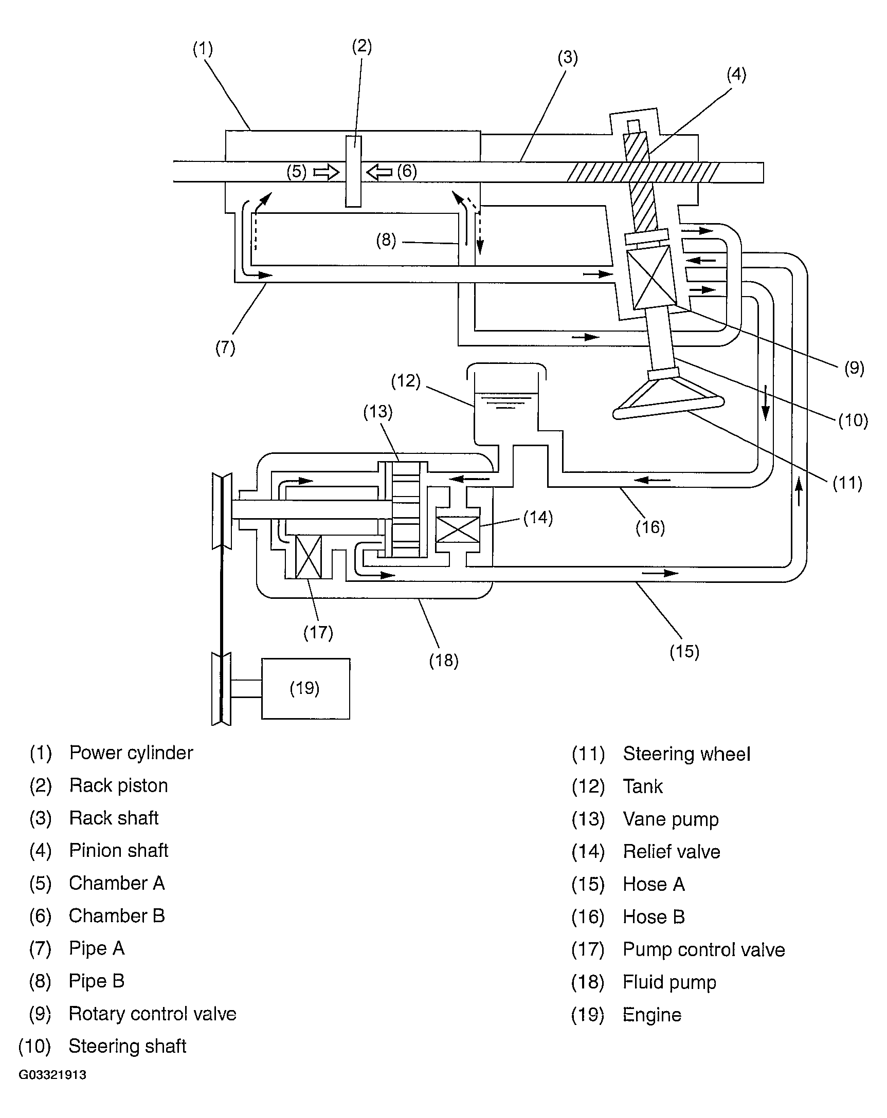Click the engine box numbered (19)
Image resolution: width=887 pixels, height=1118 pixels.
[305, 689]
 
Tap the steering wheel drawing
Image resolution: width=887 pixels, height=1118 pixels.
[668, 397]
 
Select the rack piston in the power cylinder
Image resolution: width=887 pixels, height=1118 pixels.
[353, 171]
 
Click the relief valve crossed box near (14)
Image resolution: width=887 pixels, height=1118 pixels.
[458, 529]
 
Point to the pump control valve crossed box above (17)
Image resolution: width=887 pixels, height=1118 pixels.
[308, 557]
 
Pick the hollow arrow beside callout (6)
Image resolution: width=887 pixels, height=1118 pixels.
[379, 172]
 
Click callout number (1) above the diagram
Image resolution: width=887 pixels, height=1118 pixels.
[203, 49]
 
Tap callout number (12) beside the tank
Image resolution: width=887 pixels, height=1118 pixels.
[406, 381]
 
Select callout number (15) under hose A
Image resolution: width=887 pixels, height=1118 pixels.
[684, 651]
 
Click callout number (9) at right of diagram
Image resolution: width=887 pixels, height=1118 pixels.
[854, 368]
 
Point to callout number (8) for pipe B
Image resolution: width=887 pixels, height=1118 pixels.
[386, 240]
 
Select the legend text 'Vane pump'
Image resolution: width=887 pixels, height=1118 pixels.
[671, 819]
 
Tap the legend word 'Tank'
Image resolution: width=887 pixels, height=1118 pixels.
[643, 786]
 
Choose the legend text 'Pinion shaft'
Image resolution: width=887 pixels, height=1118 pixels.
[119, 850]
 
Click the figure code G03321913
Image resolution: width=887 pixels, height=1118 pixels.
[52, 1075]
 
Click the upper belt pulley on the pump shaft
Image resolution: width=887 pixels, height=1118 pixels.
[222, 511]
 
